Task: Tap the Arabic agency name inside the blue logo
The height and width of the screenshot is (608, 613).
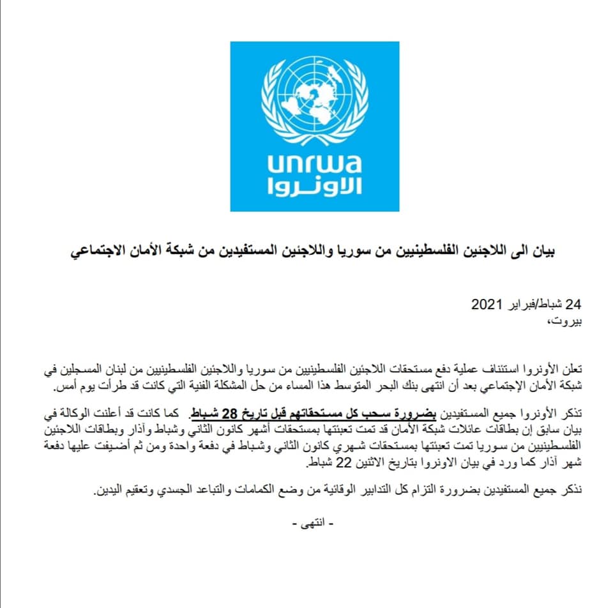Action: (x=315, y=186)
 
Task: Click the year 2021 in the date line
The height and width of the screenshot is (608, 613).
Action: (x=488, y=303)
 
